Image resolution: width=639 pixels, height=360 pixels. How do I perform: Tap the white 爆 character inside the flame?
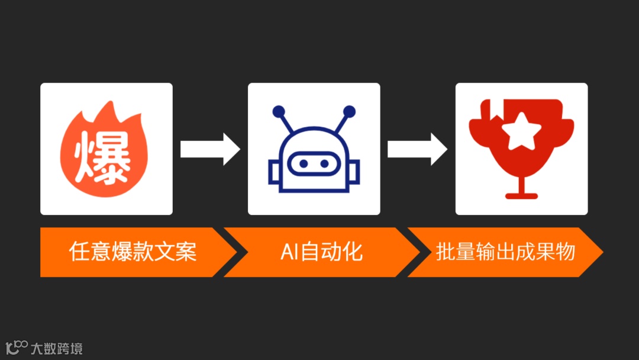(x=102, y=157)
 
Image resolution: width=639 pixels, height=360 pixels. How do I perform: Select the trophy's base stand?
(x=521, y=194)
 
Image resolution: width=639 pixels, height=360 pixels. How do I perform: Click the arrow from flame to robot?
(x=210, y=149)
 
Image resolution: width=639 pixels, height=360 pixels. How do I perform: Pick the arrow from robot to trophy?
(x=417, y=149)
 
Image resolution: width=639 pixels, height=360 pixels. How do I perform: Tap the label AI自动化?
(x=321, y=252)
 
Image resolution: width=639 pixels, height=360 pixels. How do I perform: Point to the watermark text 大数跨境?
(x=57, y=348)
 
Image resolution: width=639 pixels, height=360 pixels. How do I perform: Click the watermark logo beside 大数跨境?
(x=17, y=347)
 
